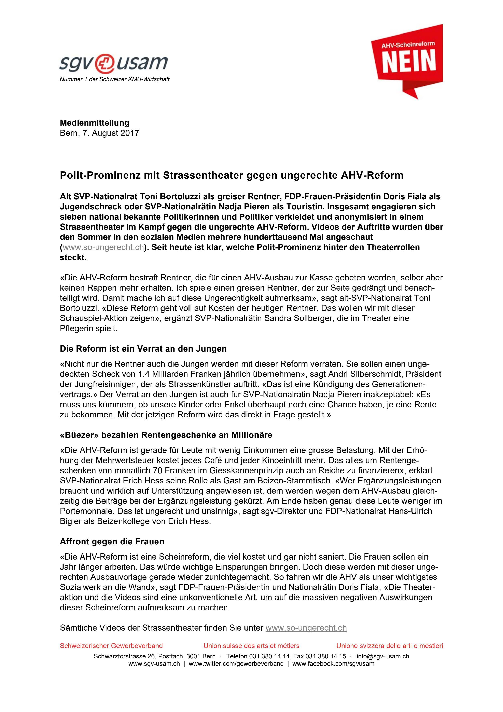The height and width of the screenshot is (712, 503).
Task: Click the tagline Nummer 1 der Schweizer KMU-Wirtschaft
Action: (114, 79)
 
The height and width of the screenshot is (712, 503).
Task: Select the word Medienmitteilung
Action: (95, 123)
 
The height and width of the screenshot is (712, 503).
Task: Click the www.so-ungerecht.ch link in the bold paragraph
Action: (103, 247)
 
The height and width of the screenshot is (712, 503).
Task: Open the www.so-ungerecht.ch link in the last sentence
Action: (306, 628)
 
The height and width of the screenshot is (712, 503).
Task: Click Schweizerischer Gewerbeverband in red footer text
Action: (111, 646)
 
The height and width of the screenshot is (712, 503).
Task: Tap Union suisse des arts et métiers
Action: (251, 646)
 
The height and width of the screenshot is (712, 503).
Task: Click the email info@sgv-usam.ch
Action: (383, 656)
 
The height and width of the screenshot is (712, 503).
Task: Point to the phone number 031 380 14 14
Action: (270, 656)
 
